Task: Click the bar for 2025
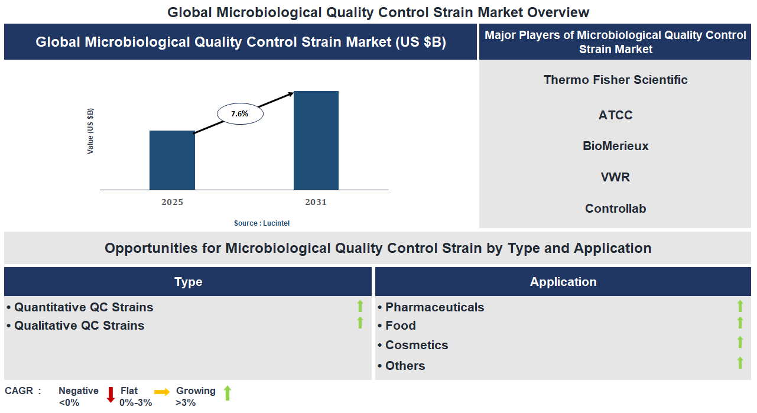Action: click(172, 160)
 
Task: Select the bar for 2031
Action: click(316, 140)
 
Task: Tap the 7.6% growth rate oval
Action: click(240, 113)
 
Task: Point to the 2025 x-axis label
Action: click(172, 202)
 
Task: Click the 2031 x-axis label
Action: click(316, 202)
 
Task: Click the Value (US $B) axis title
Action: click(90, 131)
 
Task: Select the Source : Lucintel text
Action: click(262, 223)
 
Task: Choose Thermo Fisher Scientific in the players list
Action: click(615, 80)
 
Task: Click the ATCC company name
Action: click(615, 115)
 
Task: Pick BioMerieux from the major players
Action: click(615, 146)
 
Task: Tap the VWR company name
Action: click(615, 177)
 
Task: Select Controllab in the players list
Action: click(615, 209)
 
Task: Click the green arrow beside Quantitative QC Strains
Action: click(360, 306)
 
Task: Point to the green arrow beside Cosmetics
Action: click(740, 342)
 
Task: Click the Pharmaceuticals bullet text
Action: click(434, 307)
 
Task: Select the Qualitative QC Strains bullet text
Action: click(79, 326)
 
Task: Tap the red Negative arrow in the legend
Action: click(111, 395)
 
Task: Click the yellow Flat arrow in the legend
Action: click(162, 392)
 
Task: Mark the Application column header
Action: click(563, 282)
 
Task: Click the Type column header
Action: click(188, 282)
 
